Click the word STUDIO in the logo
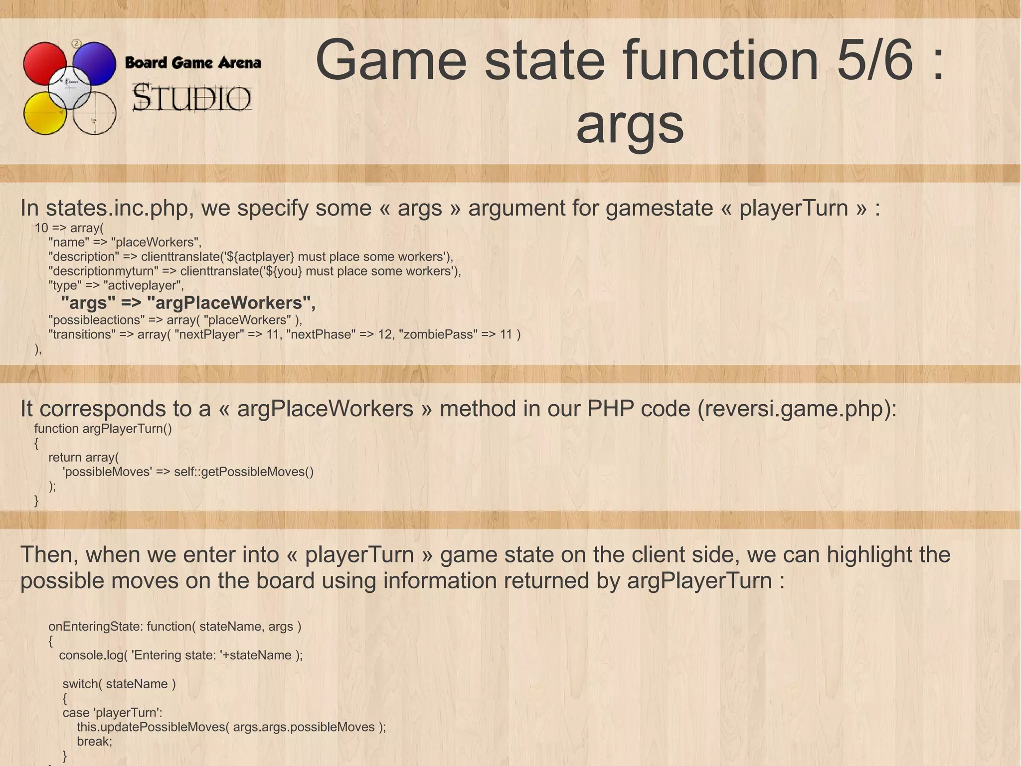coord(192,98)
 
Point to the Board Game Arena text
coord(192,63)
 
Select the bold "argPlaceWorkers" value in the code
coord(231,302)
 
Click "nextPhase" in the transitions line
coord(320,334)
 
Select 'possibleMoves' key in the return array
coord(107,472)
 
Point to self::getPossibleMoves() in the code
coord(244,472)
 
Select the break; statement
coord(95,741)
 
